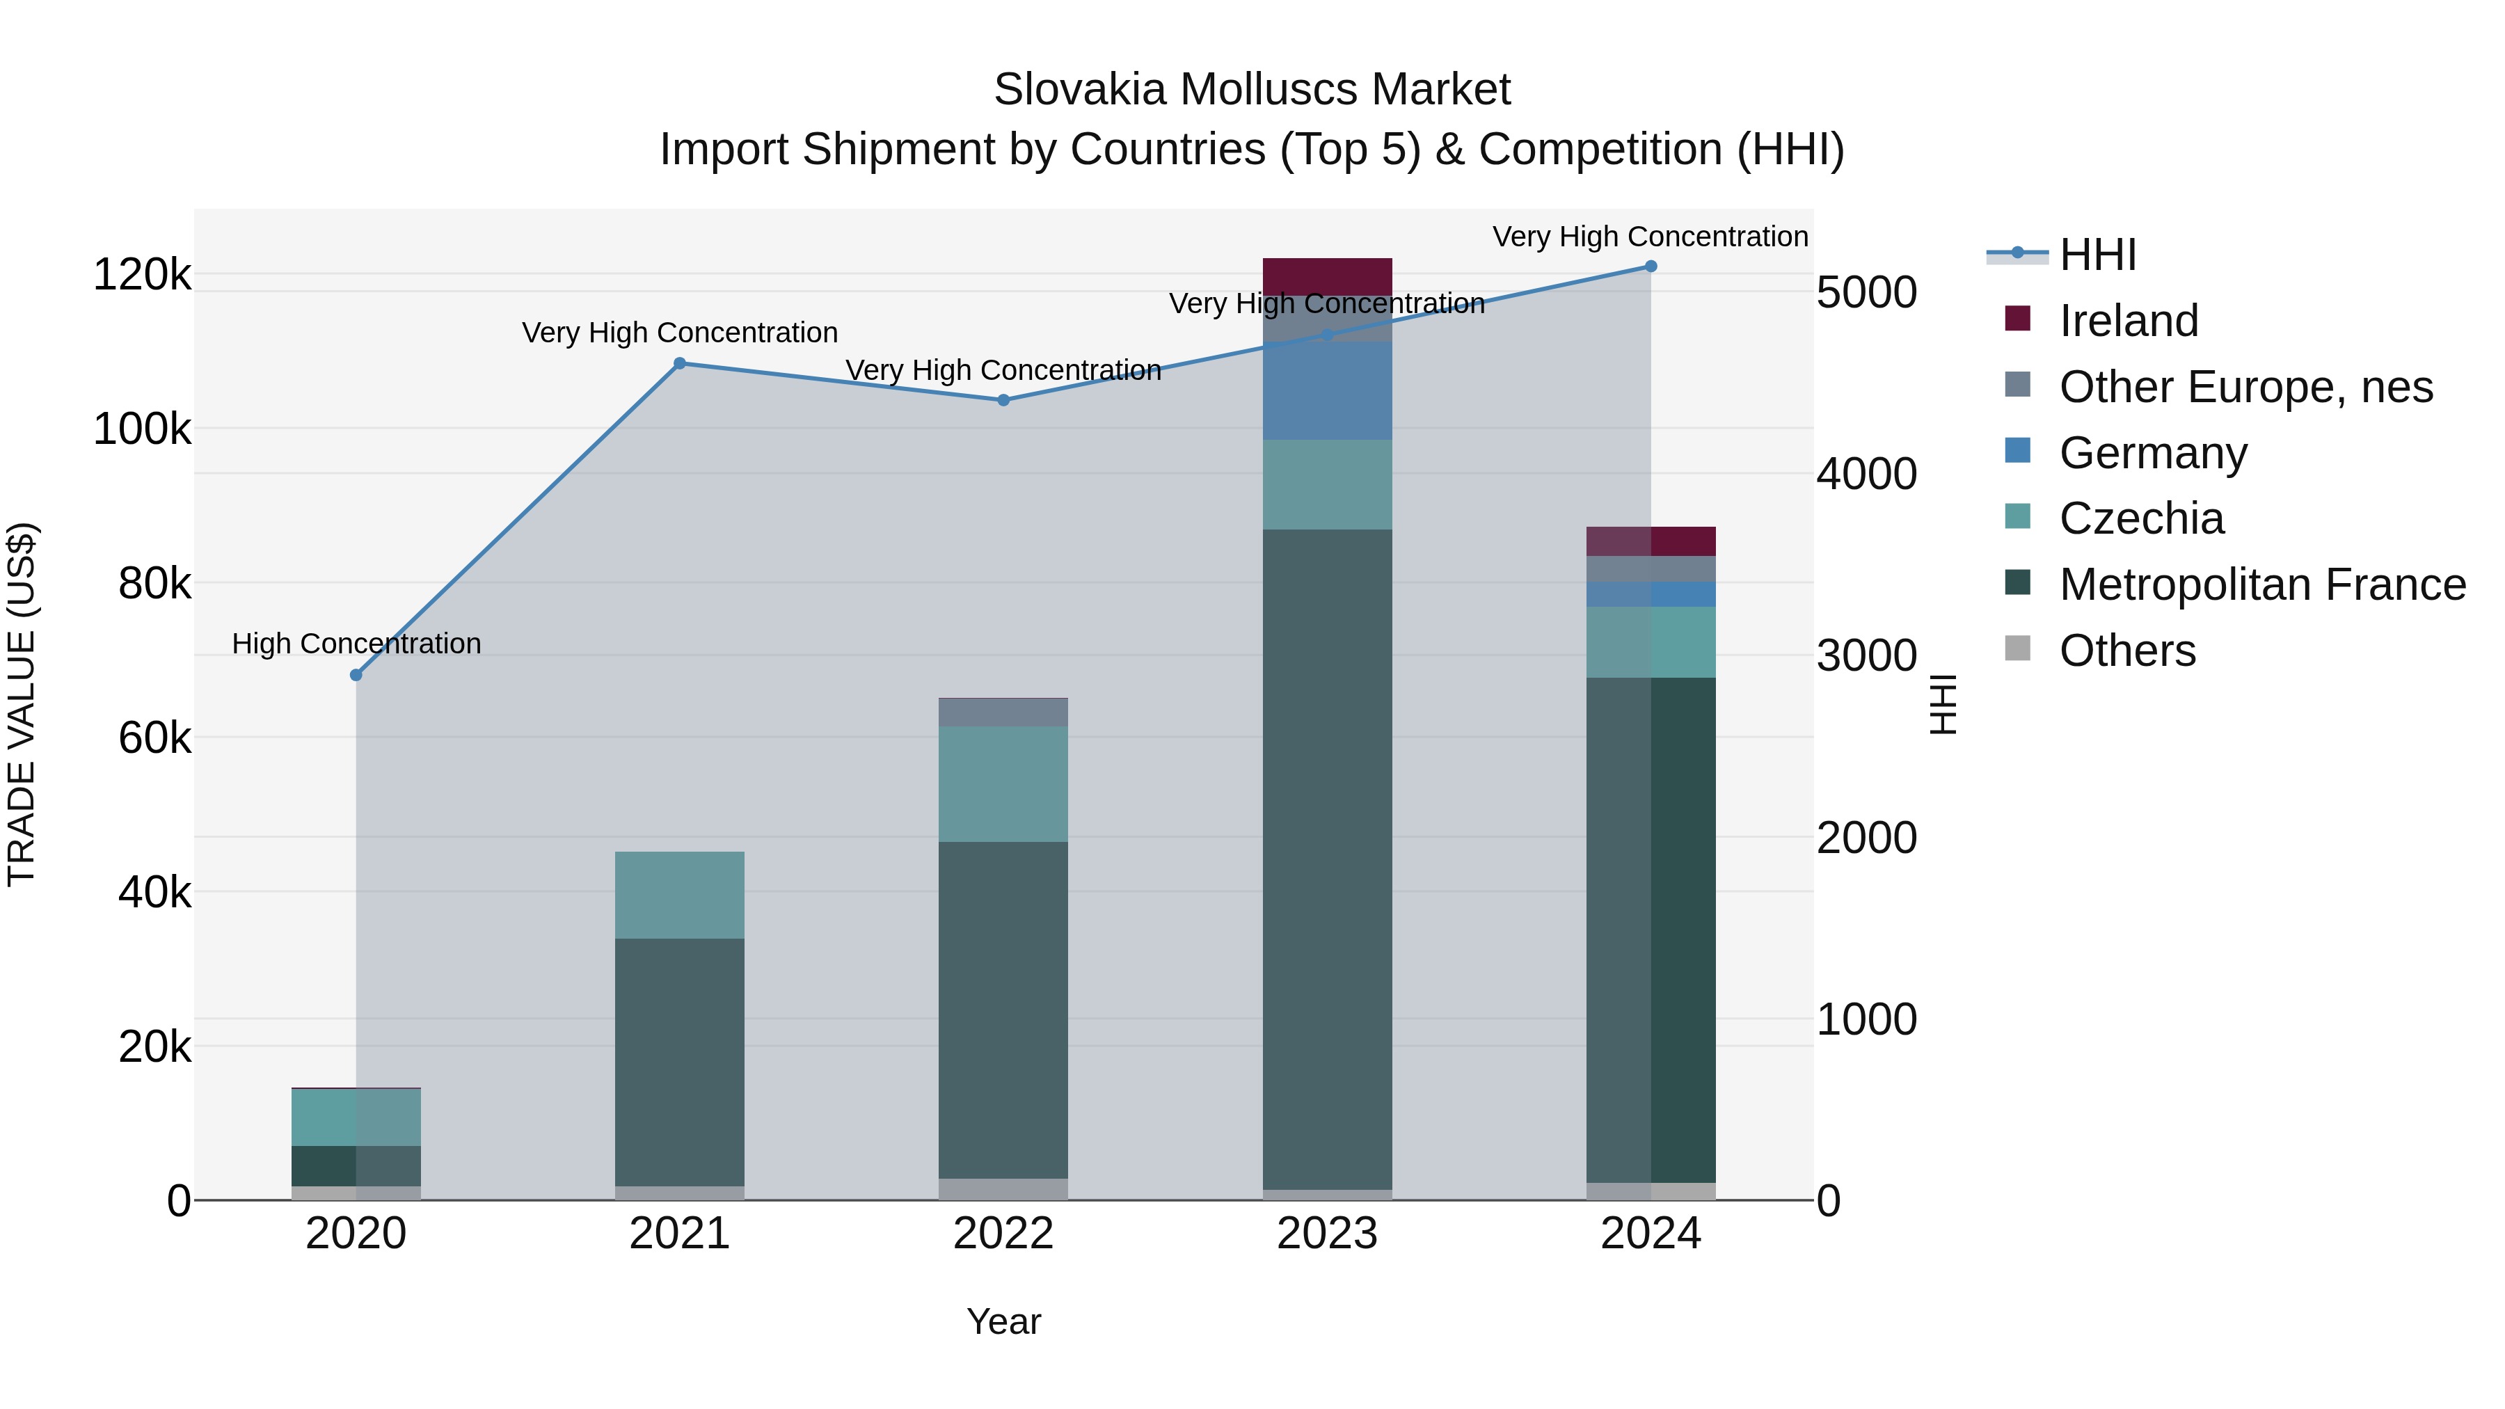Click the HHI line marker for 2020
point(356,675)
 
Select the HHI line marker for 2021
point(680,364)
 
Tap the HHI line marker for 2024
point(1651,266)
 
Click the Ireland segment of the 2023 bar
point(1328,276)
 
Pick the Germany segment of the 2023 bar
point(1328,391)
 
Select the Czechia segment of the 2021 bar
point(680,895)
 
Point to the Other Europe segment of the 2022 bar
point(1003,713)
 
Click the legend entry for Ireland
point(2128,321)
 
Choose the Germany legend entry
point(2152,453)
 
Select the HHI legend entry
point(2097,255)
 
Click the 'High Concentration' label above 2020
point(356,644)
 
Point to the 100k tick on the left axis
point(142,429)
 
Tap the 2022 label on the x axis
point(1003,1234)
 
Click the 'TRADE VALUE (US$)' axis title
point(22,704)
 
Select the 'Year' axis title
point(1003,1321)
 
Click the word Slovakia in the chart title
point(1079,90)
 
